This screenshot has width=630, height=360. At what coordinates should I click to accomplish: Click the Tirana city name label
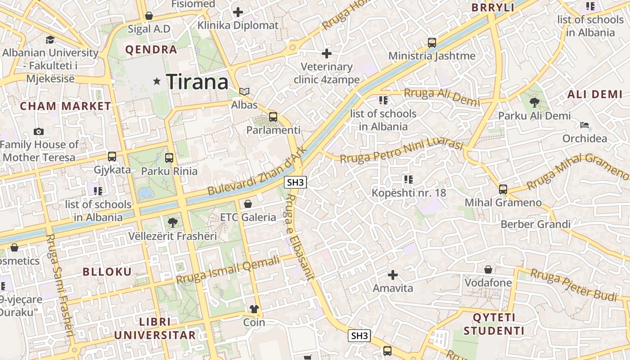[198, 82]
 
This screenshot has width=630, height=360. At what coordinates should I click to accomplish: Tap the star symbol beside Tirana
[157, 81]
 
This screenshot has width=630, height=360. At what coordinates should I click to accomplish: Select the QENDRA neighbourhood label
[151, 49]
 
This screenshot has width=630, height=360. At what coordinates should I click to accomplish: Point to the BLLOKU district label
[107, 272]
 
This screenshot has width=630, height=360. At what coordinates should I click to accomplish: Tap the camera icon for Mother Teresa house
[39, 131]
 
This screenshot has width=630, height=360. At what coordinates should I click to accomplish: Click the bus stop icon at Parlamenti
[273, 117]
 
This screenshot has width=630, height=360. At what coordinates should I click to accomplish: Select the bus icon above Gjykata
[112, 157]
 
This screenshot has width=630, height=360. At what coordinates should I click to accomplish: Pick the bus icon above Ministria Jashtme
[432, 43]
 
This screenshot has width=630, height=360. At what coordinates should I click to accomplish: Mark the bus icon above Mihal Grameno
[503, 189]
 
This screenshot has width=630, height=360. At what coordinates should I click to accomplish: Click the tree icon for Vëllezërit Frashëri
[172, 222]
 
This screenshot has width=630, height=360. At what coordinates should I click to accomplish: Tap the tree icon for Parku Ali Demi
[534, 103]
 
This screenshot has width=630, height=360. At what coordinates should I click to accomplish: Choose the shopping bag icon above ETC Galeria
[248, 204]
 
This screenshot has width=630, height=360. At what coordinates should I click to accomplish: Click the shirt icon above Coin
[254, 309]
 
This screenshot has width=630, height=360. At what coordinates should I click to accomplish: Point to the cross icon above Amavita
[393, 274]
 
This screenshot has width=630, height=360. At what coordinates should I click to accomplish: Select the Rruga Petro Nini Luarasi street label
[401, 152]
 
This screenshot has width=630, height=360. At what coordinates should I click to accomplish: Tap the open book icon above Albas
[244, 92]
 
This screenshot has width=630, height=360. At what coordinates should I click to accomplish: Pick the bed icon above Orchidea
[585, 125]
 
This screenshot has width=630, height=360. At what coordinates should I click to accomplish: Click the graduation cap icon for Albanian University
[50, 40]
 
